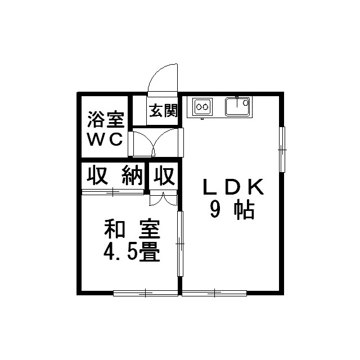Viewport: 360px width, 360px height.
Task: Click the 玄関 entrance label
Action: pos(163,110)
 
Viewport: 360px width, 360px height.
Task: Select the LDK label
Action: pos(232,187)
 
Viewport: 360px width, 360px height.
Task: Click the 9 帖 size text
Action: pos(232,210)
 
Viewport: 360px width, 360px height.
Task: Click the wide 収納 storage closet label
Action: pos(115,177)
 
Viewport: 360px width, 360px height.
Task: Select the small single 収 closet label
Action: pos(164,177)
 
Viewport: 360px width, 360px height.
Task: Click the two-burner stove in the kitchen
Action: pos(202,106)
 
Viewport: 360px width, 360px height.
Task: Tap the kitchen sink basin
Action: pos(237,106)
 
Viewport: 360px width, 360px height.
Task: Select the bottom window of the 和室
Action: pos(145,292)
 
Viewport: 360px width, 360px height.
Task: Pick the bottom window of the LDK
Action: pos(214,292)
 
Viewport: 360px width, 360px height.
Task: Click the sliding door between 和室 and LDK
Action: pos(180,244)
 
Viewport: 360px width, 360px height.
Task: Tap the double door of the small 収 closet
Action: pos(163,198)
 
